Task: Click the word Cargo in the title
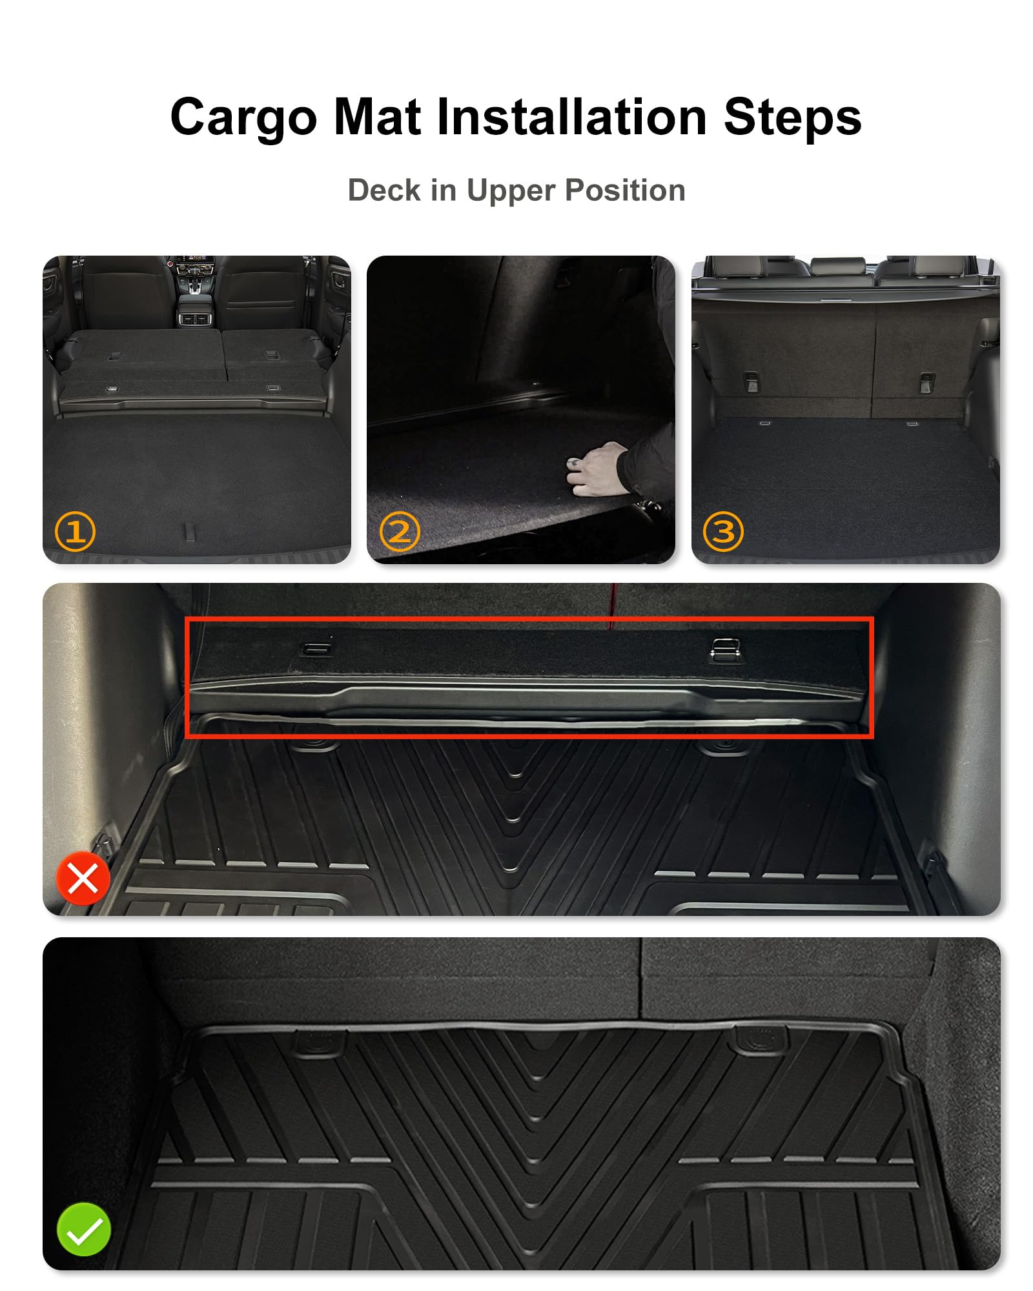point(243,117)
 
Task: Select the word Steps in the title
point(792,117)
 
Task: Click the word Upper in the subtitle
point(510,190)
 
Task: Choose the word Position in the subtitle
point(624,190)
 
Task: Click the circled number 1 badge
point(75,532)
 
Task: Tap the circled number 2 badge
point(400,532)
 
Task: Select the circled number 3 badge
point(723,532)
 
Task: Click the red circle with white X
point(83,878)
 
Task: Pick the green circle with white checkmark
point(83,1229)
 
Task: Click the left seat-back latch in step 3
point(752,382)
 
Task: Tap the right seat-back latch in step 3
point(926,382)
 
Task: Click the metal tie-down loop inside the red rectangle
point(725,649)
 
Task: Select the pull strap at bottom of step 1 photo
point(190,532)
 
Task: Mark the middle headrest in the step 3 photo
point(837,265)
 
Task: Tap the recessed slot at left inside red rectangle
point(316,648)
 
